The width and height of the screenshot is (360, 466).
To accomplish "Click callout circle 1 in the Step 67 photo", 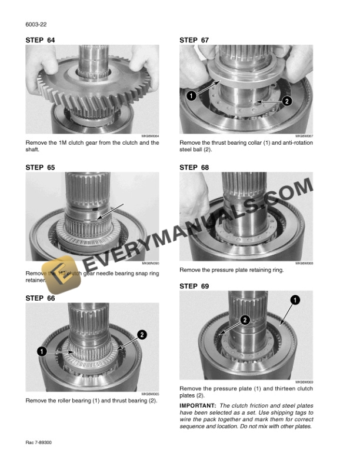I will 191,95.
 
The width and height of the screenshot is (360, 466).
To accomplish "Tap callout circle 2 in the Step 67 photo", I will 286,101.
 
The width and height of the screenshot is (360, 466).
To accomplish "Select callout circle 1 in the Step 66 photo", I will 42,352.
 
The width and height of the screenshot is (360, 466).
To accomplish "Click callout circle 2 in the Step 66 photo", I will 142,335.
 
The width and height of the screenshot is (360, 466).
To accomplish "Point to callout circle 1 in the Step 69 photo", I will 294,300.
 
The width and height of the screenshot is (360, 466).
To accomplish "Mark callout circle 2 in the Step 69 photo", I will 245,319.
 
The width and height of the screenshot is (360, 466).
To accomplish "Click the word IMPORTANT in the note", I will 198,405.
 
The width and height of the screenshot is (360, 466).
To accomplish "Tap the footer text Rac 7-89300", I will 39,442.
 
